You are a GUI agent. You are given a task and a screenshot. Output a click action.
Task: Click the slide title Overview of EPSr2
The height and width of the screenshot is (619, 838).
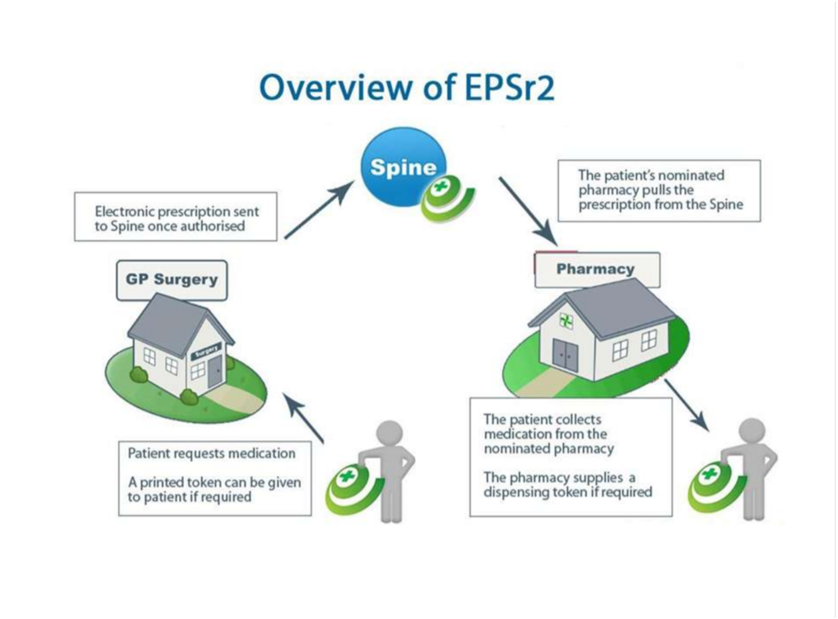click(x=407, y=87)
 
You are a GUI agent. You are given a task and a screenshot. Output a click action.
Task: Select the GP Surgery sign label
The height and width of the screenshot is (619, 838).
click(x=171, y=280)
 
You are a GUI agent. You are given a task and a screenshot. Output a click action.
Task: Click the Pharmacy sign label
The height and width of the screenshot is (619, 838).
click(x=596, y=269)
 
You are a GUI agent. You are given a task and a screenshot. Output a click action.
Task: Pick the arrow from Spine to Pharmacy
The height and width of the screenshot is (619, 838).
click(x=528, y=211)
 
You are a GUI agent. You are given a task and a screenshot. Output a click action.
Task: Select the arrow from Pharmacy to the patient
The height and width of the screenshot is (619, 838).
click(x=687, y=405)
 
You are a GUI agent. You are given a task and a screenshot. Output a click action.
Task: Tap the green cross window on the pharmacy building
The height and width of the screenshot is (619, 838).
click(x=566, y=321)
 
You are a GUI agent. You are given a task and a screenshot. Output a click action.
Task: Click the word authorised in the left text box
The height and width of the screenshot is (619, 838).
click(x=213, y=227)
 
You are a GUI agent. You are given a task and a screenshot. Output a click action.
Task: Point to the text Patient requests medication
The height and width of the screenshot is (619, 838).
click(x=211, y=453)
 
